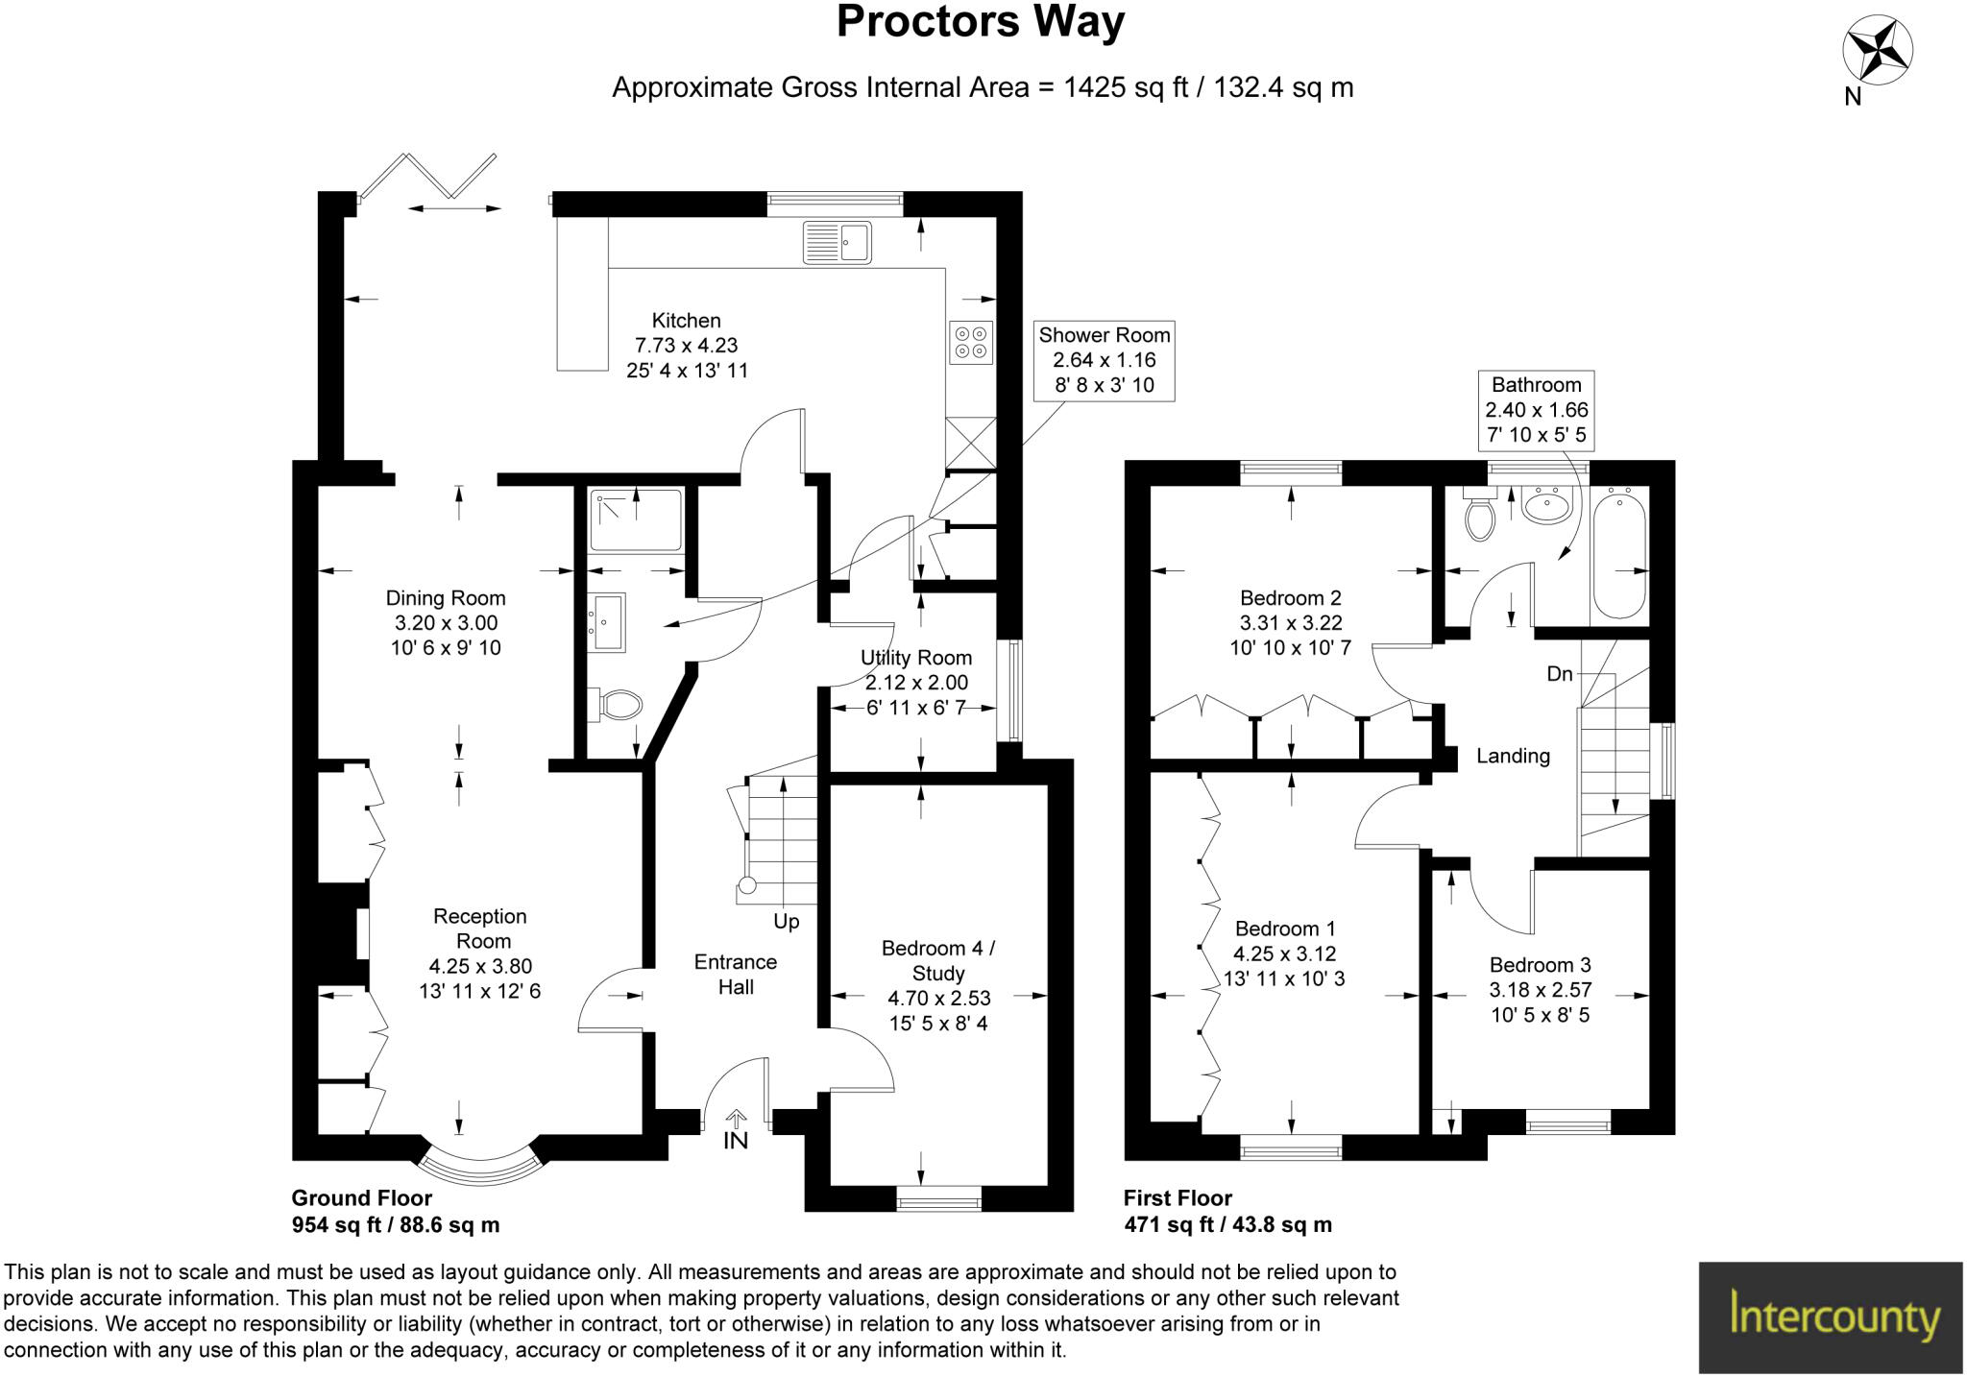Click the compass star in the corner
(x=1877, y=51)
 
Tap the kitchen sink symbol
(x=838, y=241)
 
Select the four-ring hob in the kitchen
(x=970, y=343)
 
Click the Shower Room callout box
(x=1104, y=360)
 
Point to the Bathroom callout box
(x=1536, y=410)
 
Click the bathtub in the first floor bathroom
(x=1619, y=552)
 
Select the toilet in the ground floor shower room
(x=619, y=705)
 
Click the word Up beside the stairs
(x=786, y=922)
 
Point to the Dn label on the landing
(x=1560, y=674)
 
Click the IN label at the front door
(x=736, y=1140)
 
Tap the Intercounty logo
(x=1831, y=1316)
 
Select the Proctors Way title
(x=980, y=21)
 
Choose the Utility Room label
(x=915, y=658)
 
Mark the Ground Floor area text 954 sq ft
(x=396, y=1224)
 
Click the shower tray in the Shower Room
(x=636, y=519)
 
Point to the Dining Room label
(x=446, y=598)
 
